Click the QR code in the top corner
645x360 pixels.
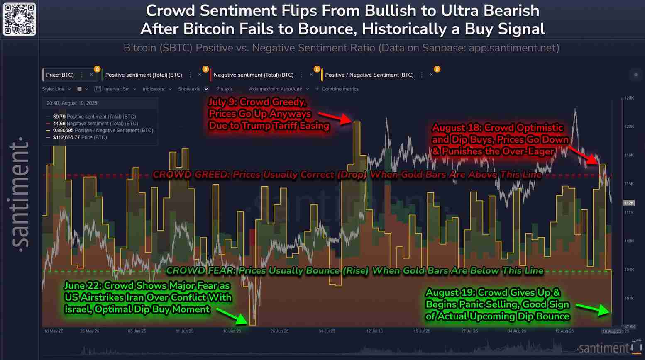pos(19,19)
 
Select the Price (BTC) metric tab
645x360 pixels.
pos(60,75)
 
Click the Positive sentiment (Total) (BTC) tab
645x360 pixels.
pos(144,75)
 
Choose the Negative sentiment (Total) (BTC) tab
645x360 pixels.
pos(253,75)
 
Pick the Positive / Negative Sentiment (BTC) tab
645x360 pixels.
pos(369,75)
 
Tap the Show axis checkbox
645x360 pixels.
pos(206,89)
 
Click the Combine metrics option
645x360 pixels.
pos(340,89)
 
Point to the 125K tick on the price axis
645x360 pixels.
pos(629,98)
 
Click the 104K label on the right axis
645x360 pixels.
pos(629,270)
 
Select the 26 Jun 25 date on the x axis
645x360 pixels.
pos(279,331)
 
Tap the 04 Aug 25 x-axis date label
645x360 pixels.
pos(517,331)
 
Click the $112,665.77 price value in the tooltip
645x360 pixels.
pos(66,137)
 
